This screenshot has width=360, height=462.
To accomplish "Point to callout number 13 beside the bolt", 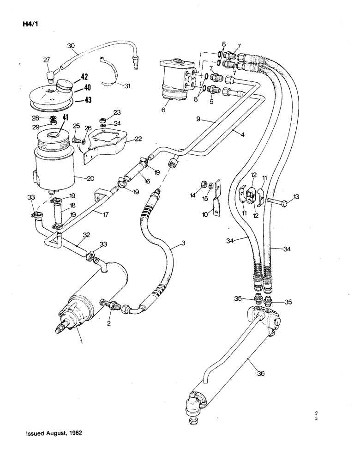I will coord(296,196).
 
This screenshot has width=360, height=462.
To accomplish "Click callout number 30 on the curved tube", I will coord(71,46).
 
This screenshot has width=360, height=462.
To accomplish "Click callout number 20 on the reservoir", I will coord(92,178).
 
